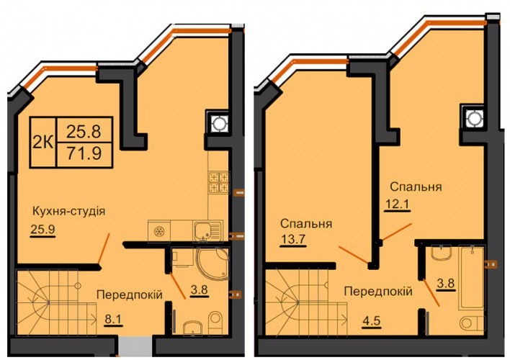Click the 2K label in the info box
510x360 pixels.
(43, 141)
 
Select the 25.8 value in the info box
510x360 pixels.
(84, 131)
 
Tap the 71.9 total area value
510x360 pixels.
(84, 153)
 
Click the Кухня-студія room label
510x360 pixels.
(68, 212)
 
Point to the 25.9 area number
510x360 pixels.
(42, 229)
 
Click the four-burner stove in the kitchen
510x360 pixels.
(219, 182)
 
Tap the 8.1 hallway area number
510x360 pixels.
(113, 320)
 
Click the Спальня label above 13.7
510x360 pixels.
(306, 224)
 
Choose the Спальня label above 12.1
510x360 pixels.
(416, 187)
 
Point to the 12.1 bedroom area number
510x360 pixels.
(397, 205)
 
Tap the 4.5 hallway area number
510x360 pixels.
(372, 322)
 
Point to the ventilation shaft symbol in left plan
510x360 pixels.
(218, 124)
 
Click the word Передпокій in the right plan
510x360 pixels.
(378, 291)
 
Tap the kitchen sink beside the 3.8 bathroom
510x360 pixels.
(207, 231)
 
